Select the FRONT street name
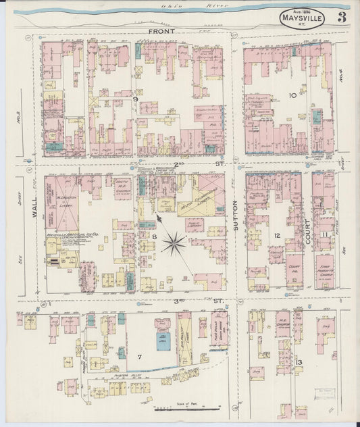[161, 32]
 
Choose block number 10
[292, 95]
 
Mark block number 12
[278, 236]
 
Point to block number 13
[298, 366]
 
